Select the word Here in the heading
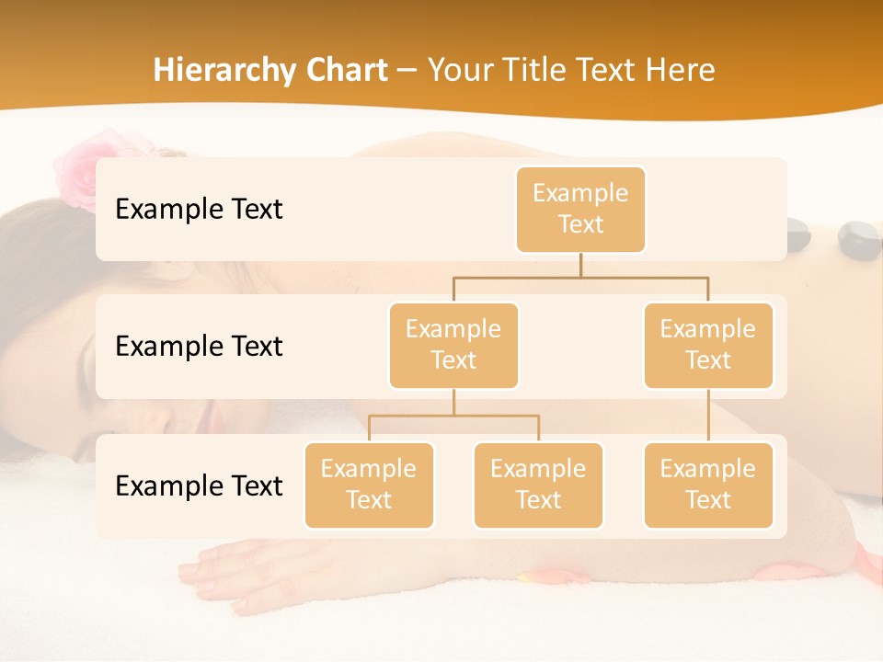point(680,70)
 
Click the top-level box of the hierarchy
point(580,209)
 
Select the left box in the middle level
point(453,345)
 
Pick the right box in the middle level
point(708,345)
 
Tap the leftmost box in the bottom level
point(369,485)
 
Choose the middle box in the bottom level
point(538,485)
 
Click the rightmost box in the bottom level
point(708,485)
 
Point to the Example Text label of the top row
point(199,209)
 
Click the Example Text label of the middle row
point(199,346)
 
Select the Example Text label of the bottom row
point(199,485)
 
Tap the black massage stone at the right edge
point(859,236)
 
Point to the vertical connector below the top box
point(580,265)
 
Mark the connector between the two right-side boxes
point(708,416)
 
